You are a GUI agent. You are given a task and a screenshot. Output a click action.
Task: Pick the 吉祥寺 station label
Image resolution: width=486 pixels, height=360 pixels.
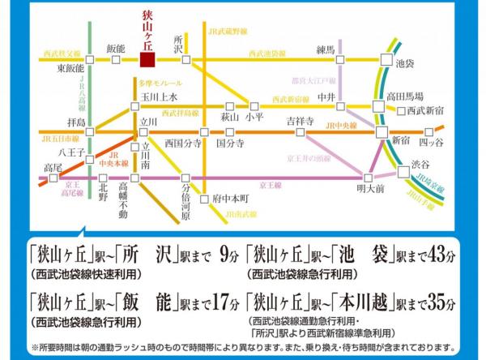(300, 120)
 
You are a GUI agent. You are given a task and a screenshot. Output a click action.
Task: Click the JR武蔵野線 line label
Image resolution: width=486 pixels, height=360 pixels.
(226, 32)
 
